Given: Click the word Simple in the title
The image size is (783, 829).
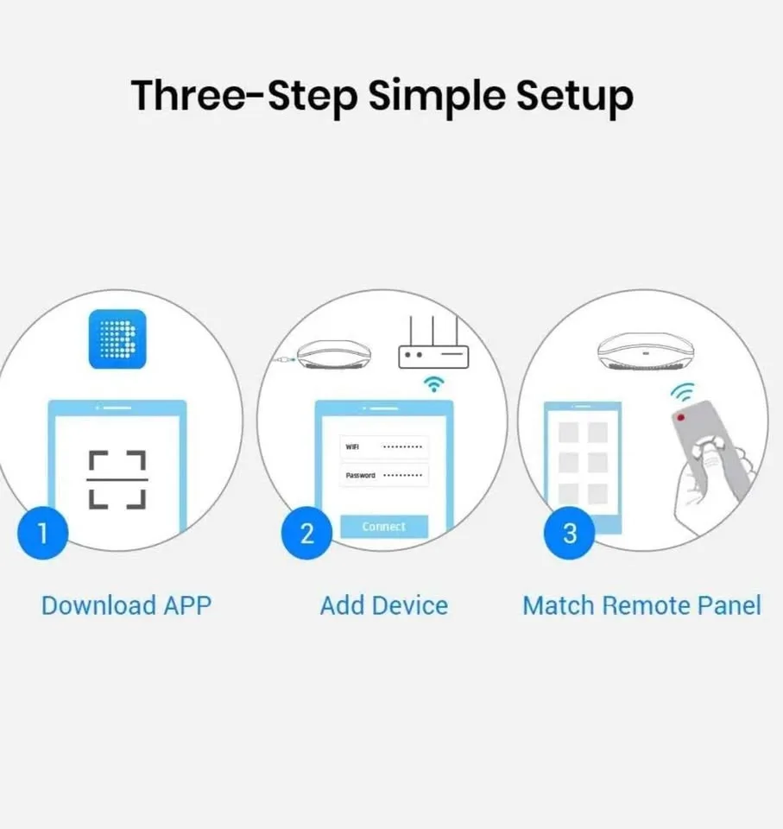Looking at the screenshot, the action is point(437,97).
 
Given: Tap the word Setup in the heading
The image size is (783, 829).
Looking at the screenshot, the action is point(575,97).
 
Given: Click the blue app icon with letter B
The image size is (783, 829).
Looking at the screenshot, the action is point(117,339).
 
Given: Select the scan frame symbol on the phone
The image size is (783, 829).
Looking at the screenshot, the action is point(117,479).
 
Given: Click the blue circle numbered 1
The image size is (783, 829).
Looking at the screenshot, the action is point(43,533).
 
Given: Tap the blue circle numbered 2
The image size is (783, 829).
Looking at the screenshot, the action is point(306,533).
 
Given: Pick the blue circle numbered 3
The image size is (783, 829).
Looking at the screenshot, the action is point(570,533).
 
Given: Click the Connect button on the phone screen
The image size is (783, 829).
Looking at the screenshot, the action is point(384,527).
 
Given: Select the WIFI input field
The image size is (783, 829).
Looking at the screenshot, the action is point(384,446).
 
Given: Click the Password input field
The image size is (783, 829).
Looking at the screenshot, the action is point(384,475).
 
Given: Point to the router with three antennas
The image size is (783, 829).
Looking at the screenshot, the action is point(433,343).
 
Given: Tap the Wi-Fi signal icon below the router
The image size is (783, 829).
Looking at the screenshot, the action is point(433,384).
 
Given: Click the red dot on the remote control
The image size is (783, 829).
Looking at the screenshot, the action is point(681,418).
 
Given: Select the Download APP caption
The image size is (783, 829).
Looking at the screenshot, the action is point(126,606).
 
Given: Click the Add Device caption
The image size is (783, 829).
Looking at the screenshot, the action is point(384,606).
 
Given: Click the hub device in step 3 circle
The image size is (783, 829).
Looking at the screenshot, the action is point(646,351).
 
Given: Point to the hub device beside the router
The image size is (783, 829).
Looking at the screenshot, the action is point(333,355).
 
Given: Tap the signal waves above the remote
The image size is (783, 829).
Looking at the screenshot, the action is point(683,392).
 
